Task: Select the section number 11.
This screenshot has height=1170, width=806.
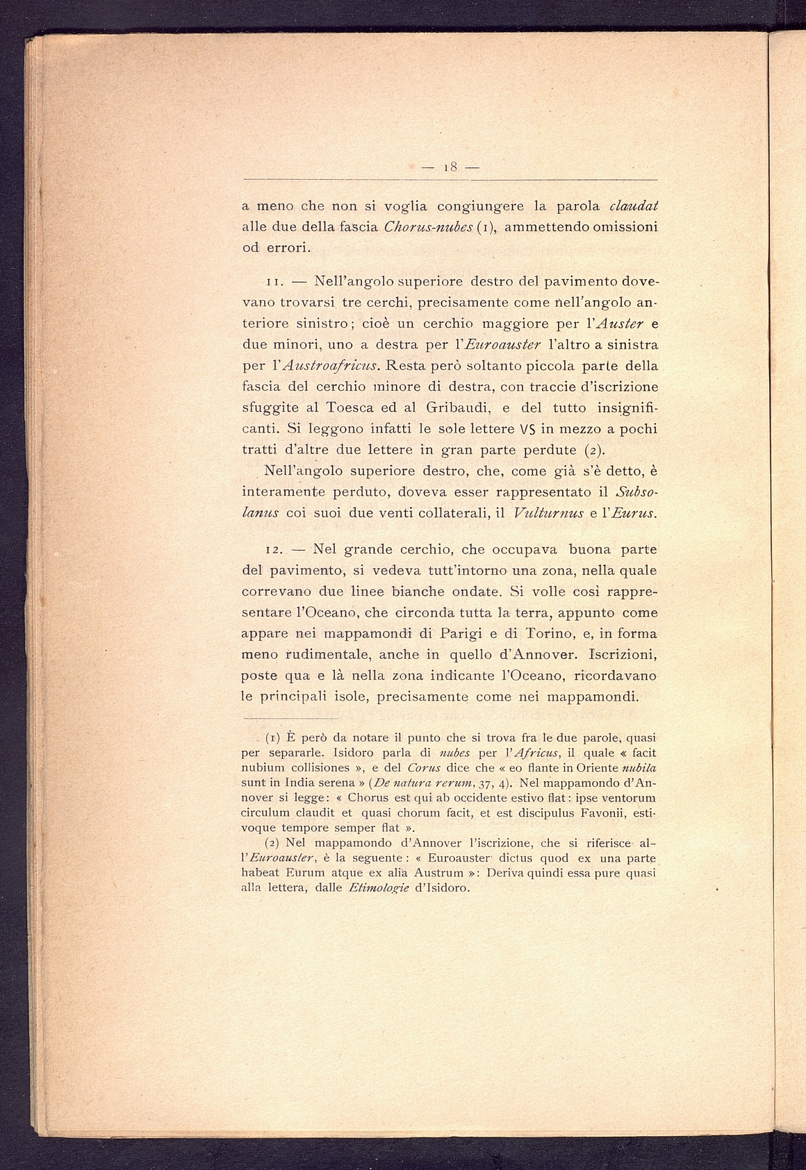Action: coord(252,283)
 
